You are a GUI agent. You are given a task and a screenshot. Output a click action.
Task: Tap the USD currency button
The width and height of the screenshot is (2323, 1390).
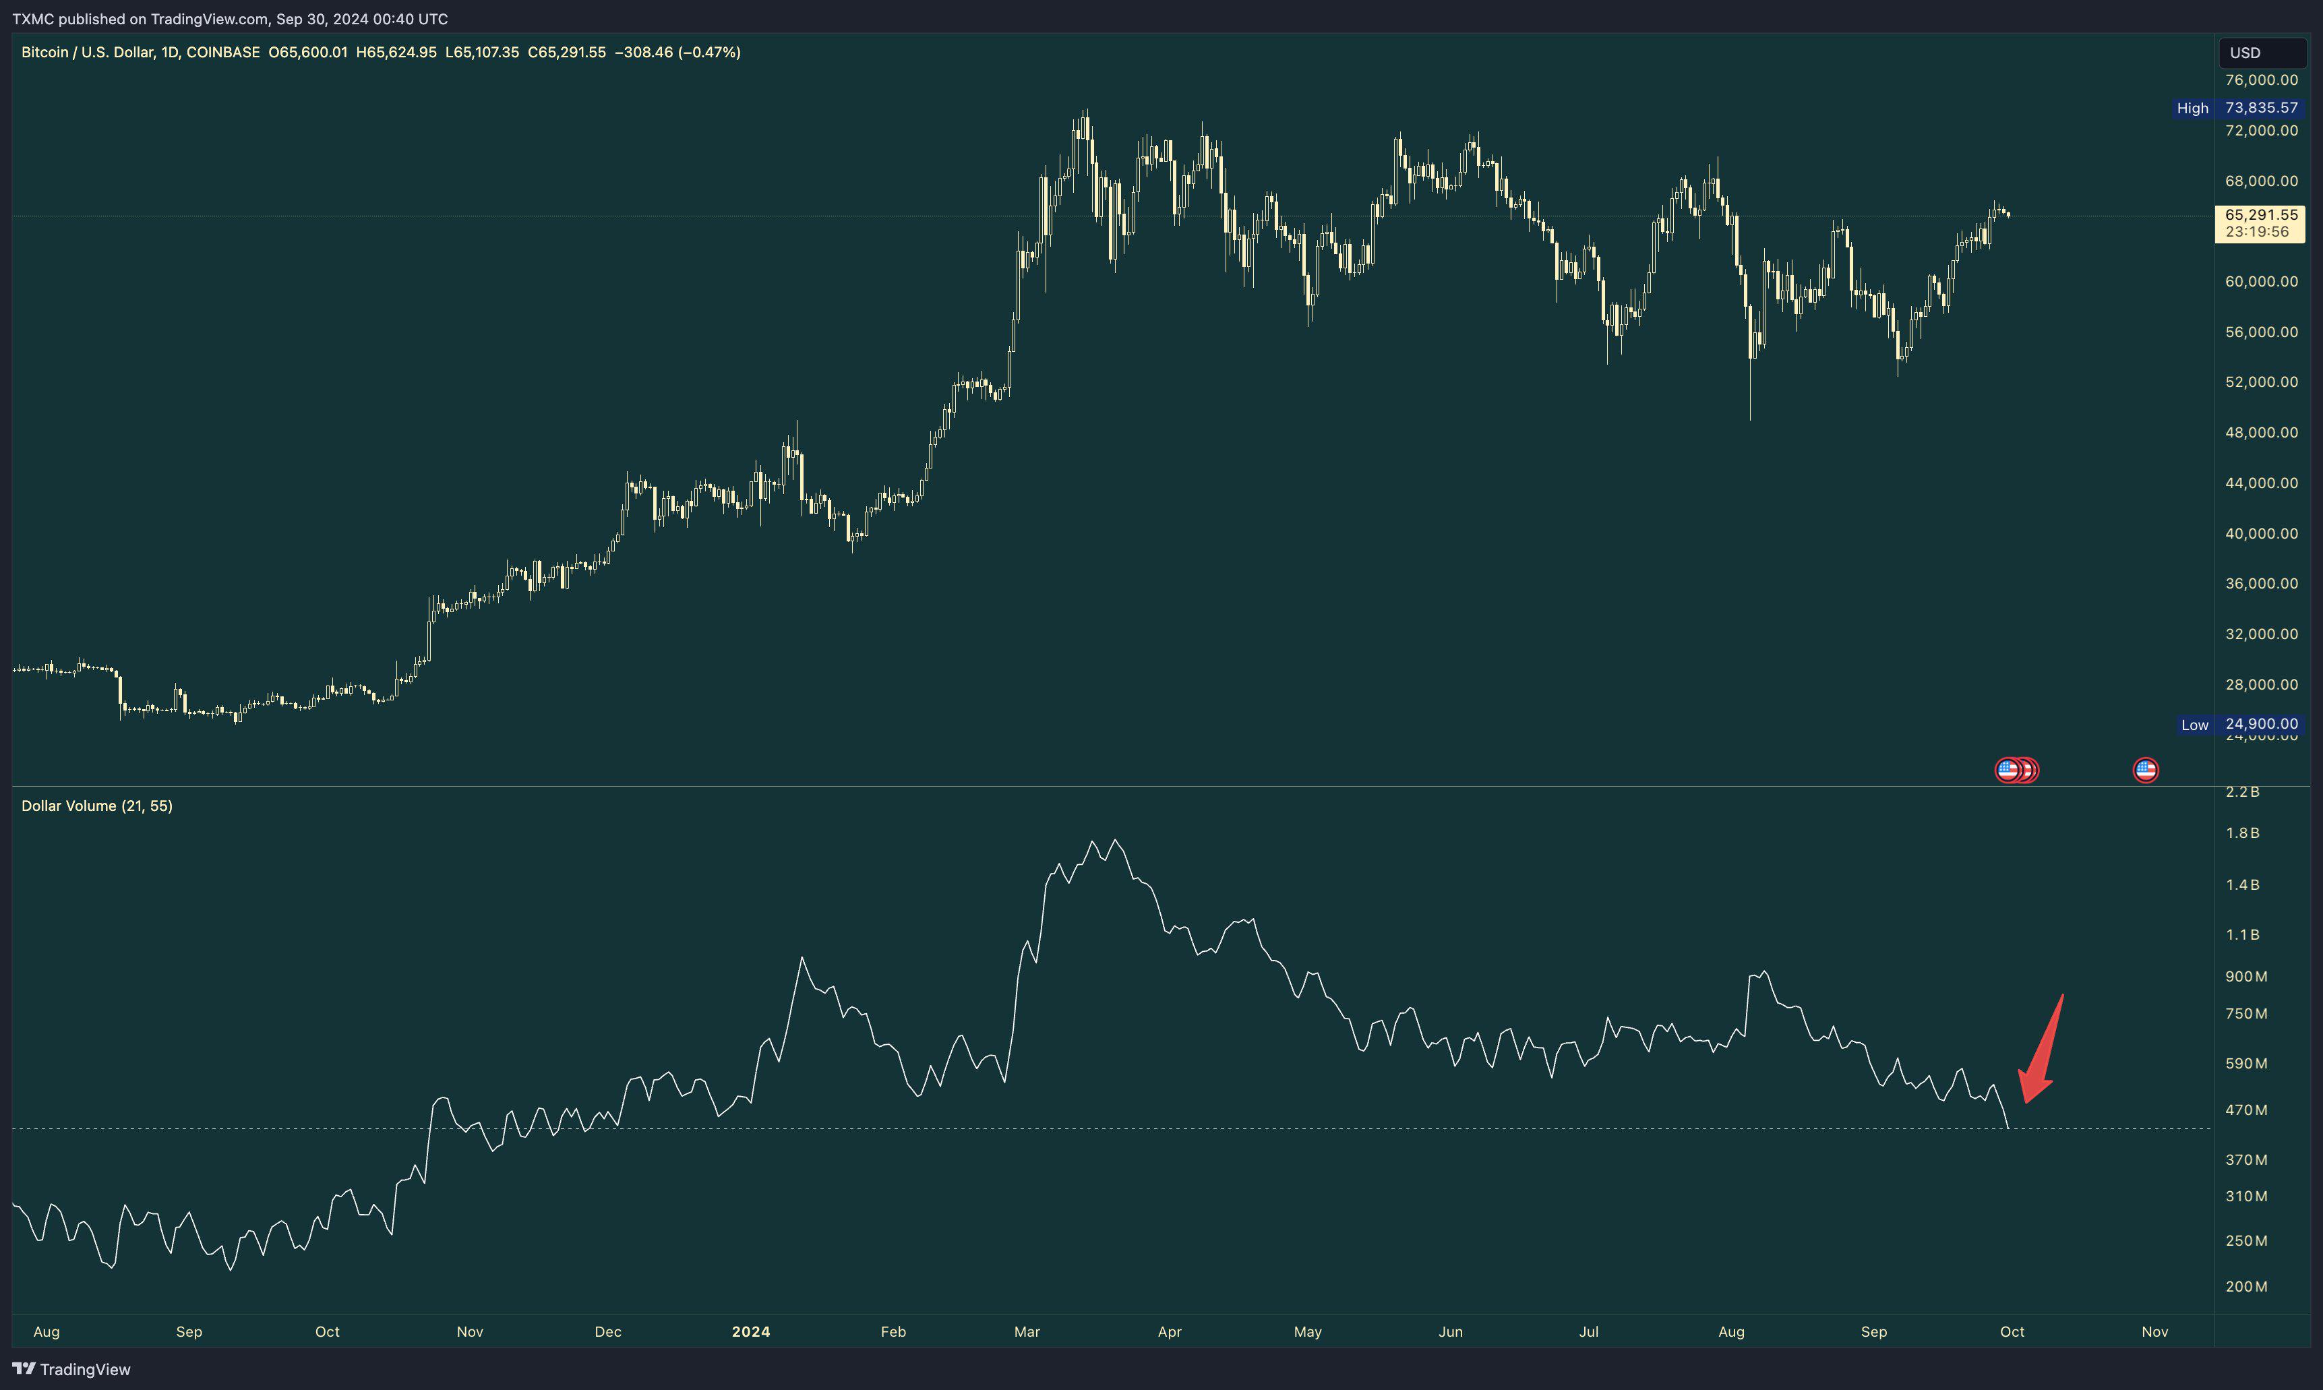click(x=2245, y=53)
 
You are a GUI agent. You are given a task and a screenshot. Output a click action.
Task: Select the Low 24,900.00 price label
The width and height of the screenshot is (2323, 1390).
click(x=2239, y=724)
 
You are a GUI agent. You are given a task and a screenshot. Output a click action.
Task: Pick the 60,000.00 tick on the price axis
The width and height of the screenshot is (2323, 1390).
click(x=2261, y=281)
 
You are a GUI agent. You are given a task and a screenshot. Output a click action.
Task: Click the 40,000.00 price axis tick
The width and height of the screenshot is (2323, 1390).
click(x=2261, y=533)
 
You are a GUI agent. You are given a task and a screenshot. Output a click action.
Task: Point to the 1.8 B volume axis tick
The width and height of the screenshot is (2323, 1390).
click(x=2243, y=833)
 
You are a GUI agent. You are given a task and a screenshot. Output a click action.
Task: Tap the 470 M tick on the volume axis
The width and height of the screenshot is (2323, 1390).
click(x=2246, y=1110)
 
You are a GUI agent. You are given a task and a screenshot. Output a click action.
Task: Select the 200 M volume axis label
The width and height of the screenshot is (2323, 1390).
click(x=2246, y=1286)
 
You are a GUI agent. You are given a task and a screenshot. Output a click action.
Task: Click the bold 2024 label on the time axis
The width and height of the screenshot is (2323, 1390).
click(x=750, y=1331)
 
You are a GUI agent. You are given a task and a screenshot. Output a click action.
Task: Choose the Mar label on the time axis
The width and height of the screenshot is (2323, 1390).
click(x=1027, y=1331)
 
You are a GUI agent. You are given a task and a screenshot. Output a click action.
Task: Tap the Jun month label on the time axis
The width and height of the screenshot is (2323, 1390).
click(x=1450, y=1331)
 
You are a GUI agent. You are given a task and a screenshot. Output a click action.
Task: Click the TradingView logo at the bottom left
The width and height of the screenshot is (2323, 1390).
click(x=71, y=1368)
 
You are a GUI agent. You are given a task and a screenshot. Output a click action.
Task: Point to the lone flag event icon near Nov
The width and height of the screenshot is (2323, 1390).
click(x=2145, y=770)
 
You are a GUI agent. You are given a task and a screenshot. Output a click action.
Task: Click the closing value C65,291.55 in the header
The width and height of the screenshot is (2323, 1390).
click(x=567, y=53)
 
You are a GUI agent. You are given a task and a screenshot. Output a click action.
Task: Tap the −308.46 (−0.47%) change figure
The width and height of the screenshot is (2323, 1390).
click(x=677, y=53)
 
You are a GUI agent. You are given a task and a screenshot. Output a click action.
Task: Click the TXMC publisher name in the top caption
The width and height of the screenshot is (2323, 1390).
click(x=33, y=19)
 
